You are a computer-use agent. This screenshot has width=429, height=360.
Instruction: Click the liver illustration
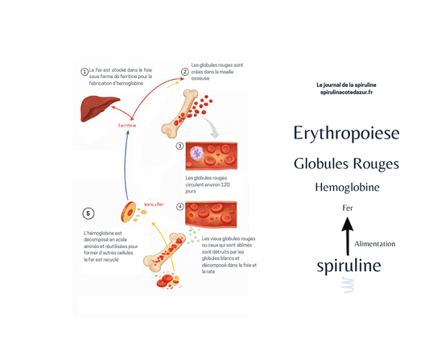[99, 108]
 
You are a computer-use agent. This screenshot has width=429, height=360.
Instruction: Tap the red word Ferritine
[127, 126]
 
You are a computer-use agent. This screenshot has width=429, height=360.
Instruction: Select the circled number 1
[85, 72]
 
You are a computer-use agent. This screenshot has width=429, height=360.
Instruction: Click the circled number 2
[185, 72]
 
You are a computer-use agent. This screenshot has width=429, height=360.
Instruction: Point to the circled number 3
[179, 146]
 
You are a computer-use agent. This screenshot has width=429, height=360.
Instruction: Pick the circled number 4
[179, 207]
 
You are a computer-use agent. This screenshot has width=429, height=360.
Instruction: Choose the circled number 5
[88, 213]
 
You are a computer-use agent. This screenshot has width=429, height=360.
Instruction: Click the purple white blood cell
[197, 154]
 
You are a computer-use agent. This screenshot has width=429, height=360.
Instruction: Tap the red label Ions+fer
[154, 205]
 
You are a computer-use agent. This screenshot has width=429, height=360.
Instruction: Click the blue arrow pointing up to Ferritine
[126, 165]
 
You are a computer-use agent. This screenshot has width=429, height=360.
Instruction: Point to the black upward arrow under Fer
[348, 236]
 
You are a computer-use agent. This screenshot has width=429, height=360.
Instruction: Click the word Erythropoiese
[346, 133]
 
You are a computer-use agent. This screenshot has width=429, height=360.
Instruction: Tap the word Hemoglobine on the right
[347, 188]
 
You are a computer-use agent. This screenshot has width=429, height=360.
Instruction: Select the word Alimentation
[374, 244]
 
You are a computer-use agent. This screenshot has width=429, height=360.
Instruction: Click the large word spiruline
[349, 266]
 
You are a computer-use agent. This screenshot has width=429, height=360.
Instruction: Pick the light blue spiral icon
[349, 285]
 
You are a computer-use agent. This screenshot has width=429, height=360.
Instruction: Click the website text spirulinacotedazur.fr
[346, 93]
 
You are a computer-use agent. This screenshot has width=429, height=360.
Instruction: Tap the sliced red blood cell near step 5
[129, 212]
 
